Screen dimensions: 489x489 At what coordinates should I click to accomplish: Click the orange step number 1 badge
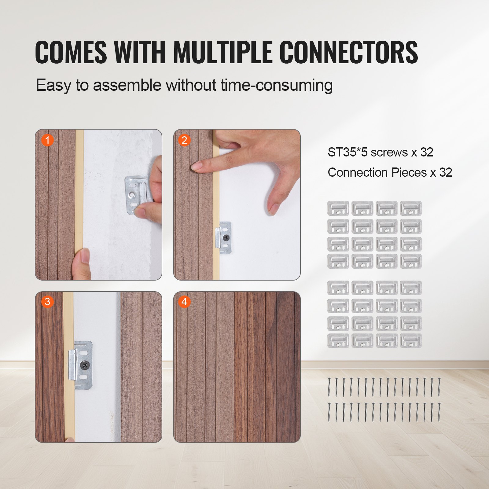tap(47, 140)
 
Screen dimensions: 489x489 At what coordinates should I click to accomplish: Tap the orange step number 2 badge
tap(184, 140)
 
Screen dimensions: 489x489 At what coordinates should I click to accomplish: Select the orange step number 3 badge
tap(47, 302)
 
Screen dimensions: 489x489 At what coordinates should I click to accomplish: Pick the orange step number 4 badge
tap(184, 302)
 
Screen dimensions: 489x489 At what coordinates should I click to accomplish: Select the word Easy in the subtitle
tap(53, 85)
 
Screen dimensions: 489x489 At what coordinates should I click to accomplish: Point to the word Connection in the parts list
tap(358, 173)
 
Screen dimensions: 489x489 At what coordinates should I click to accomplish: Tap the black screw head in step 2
tap(226, 237)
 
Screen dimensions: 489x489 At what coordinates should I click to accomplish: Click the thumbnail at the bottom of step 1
tap(83, 257)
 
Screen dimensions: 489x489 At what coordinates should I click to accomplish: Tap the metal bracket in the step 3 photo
tap(80, 365)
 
